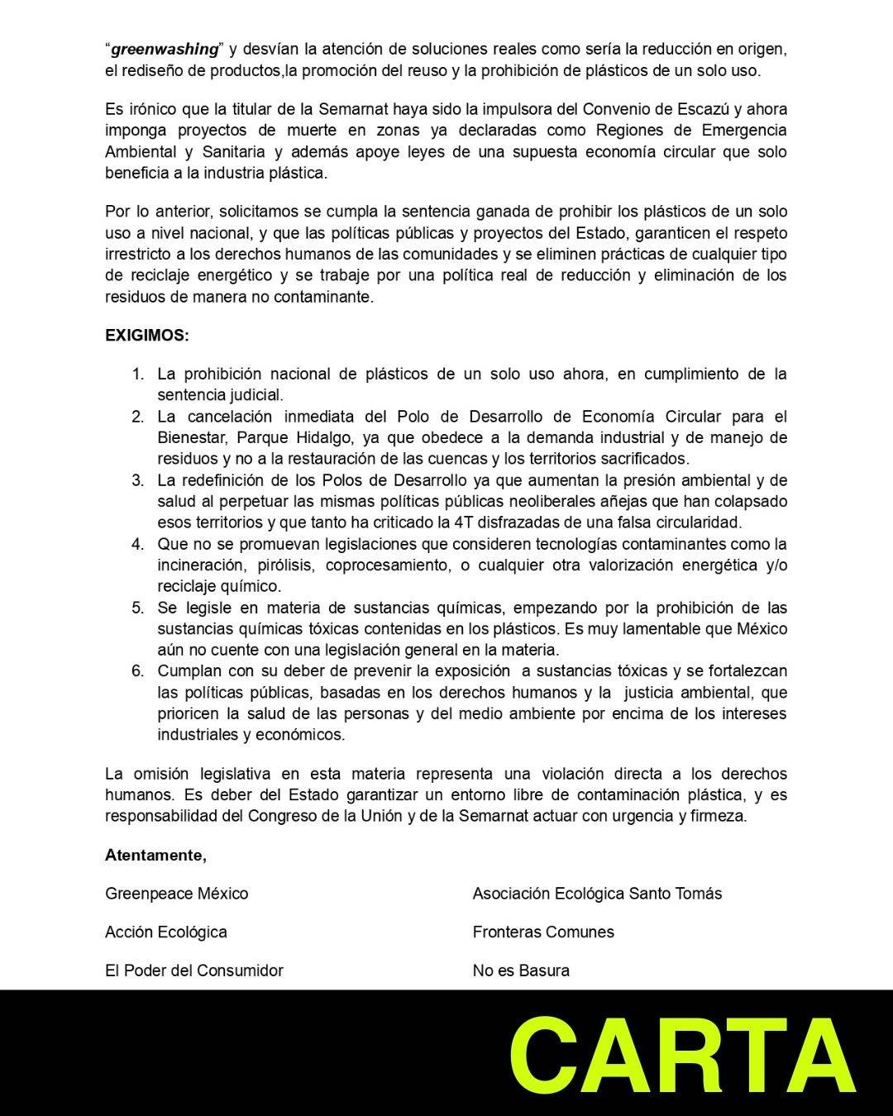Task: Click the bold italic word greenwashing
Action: tap(164, 50)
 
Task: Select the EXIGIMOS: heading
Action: tap(147, 336)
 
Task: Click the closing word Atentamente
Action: tap(155, 855)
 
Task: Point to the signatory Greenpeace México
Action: tap(176, 894)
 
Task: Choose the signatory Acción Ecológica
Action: tap(165, 932)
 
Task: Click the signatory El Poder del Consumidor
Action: tap(193, 971)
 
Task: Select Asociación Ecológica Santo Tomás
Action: tap(597, 894)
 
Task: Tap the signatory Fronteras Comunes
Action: tap(543, 932)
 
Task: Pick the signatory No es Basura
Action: tap(521, 971)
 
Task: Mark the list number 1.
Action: tap(138, 374)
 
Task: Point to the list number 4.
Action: tap(137, 544)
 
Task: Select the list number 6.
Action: tap(137, 670)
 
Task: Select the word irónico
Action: tap(153, 109)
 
